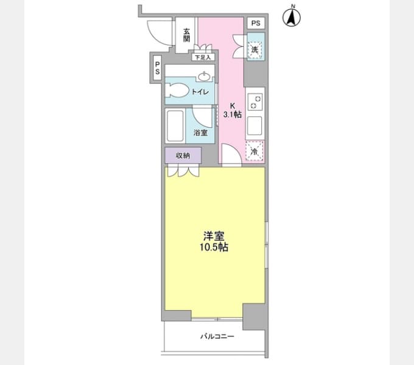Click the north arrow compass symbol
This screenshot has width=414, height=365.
292,17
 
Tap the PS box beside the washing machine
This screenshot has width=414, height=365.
256,23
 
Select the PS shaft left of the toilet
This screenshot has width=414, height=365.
157,68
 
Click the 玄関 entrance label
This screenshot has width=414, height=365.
187,35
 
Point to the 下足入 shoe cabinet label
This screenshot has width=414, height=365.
203,57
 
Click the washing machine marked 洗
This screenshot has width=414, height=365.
254,49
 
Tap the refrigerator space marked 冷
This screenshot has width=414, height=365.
254,151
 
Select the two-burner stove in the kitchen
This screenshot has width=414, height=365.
255,102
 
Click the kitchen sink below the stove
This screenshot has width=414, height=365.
254,126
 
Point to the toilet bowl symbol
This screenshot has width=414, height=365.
177,91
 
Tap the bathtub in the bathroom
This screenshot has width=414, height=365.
175,126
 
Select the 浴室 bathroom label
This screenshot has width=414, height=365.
200,133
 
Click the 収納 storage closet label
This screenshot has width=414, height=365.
183,156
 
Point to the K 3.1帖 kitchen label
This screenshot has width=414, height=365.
233,110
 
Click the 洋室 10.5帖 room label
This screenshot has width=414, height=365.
214,242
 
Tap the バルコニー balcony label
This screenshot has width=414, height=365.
217,336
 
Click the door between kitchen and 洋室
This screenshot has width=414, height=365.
231,156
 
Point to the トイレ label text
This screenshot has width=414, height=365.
200,92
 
